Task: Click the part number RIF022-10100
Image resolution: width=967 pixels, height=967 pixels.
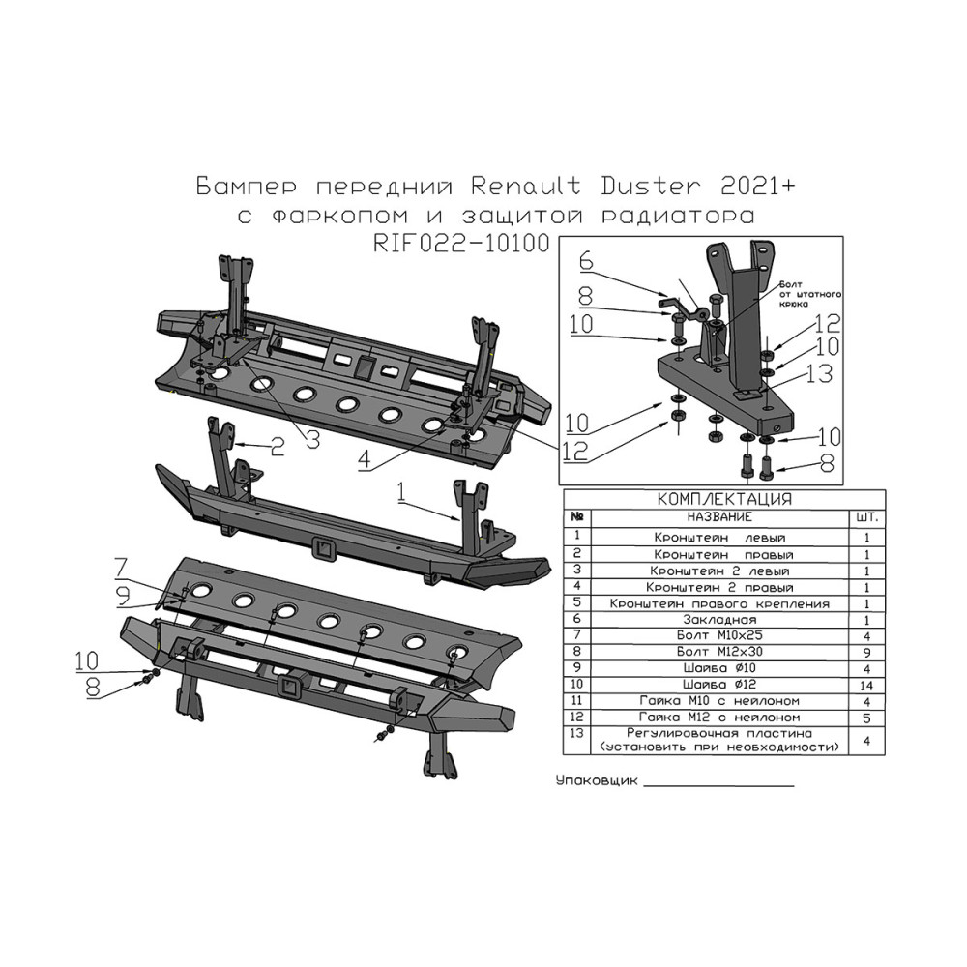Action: click(x=461, y=243)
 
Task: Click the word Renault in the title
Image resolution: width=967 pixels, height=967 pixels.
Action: click(x=525, y=187)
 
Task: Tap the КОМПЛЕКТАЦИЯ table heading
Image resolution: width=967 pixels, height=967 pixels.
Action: click(x=724, y=499)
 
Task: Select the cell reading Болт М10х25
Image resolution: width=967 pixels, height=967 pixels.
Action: click(x=719, y=635)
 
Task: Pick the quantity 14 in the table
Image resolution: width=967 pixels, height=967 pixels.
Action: click(x=866, y=686)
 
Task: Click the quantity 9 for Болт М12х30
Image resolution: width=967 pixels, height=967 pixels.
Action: click(x=866, y=653)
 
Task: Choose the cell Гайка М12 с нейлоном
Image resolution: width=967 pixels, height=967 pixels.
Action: click(x=719, y=718)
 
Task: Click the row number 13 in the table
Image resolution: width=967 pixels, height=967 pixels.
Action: click(x=577, y=733)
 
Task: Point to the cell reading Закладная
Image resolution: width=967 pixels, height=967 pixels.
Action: click(x=719, y=620)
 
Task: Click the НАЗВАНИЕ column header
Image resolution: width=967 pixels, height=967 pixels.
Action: click(x=719, y=517)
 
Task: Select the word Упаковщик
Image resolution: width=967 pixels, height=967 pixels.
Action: click(x=597, y=781)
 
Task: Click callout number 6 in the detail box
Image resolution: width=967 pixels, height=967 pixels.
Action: click(x=586, y=260)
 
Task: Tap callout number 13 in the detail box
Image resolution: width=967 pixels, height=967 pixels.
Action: click(x=820, y=373)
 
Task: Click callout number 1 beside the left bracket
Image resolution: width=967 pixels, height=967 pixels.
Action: click(x=402, y=492)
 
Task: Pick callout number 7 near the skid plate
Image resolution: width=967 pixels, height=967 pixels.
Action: click(x=122, y=568)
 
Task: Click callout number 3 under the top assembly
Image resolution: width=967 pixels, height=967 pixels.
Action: click(x=313, y=440)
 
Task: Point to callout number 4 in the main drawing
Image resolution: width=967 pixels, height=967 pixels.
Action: click(x=366, y=459)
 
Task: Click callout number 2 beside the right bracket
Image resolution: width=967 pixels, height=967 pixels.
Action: click(x=278, y=447)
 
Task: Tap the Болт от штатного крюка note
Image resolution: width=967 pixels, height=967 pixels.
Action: click(x=809, y=294)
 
